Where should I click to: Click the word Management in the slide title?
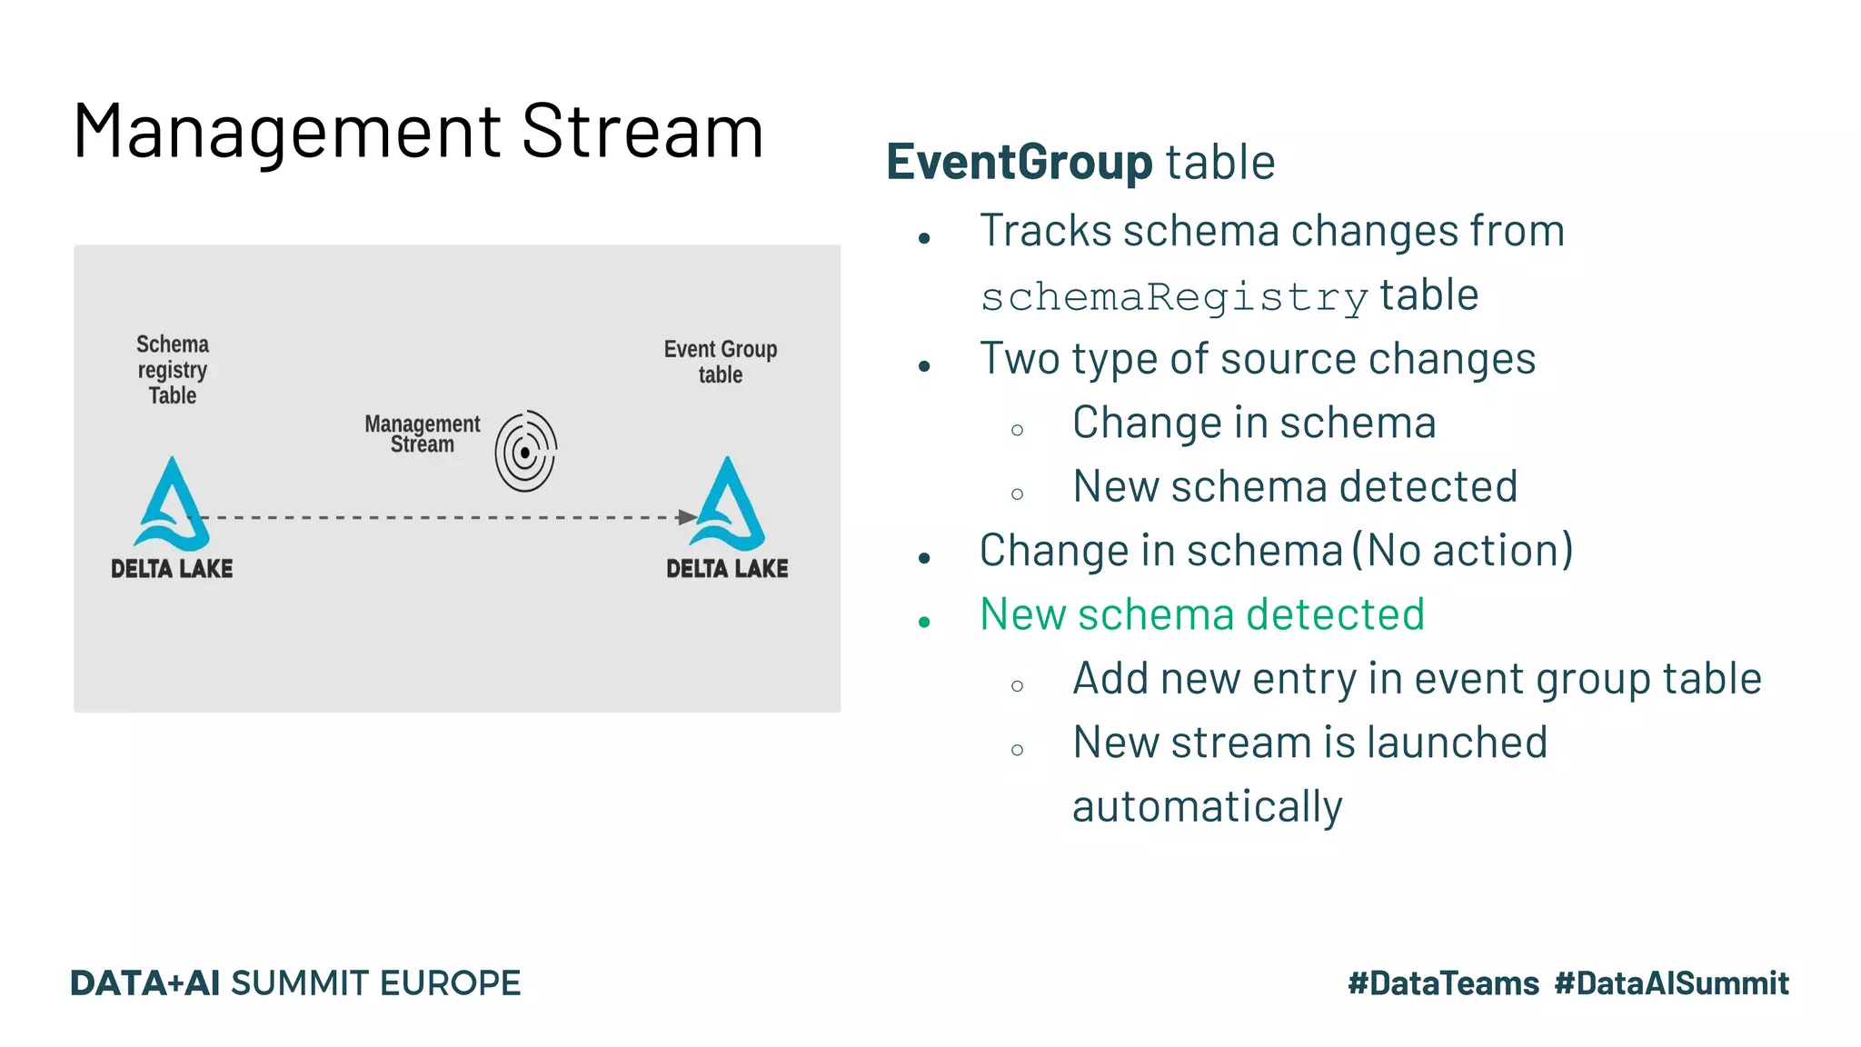286,133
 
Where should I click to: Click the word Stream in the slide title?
642,133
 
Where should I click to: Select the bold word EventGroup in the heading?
1019,163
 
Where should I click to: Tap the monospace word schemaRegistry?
1174,298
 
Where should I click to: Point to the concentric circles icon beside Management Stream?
525,452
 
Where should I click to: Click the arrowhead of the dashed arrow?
687,517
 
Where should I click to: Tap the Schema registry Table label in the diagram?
172,370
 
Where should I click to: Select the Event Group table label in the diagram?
720,362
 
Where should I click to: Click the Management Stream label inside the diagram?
422,434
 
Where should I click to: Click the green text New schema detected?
1201,614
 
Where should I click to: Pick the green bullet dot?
924,623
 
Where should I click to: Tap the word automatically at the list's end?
1207,807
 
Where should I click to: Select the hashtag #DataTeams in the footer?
1443,983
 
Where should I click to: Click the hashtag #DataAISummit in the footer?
1671,983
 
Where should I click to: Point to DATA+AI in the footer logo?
144,983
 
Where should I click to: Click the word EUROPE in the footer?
450,983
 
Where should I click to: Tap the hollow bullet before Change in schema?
1017,430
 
